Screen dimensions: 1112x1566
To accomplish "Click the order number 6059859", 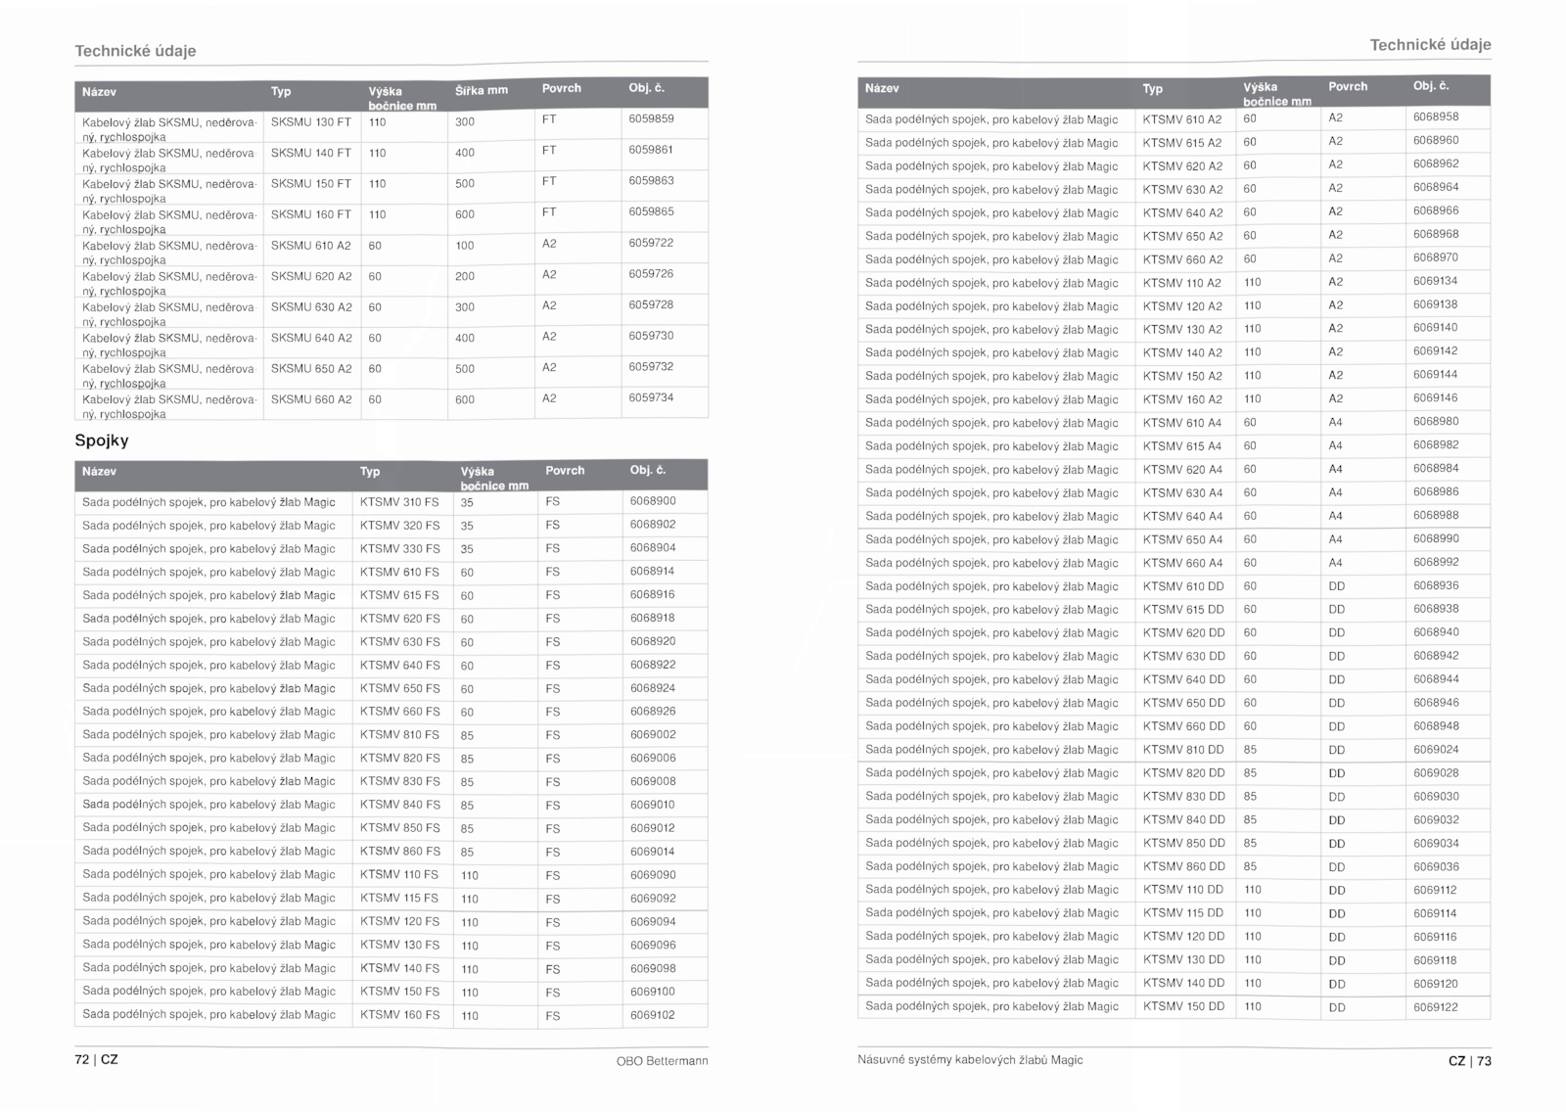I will (651, 118).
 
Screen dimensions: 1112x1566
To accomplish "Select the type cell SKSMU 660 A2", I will (310, 399).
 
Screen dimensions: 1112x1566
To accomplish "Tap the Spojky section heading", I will (102, 440).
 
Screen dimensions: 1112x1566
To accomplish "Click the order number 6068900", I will (653, 501).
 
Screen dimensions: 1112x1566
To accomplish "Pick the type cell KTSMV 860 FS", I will (399, 852).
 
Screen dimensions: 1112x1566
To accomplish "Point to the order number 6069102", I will (653, 1015).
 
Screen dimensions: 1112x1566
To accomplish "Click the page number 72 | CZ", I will (96, 1059).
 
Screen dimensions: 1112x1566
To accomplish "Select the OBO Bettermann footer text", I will (662, 1061).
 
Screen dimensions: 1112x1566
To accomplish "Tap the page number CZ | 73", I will (1469, 1061).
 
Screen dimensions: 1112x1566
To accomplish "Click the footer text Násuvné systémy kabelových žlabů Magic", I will (970, 1060).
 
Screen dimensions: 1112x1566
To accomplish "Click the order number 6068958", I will (1436, 116).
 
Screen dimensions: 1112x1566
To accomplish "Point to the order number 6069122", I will (1436, 1007).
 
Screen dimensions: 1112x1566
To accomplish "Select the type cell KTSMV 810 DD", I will (1183, 750).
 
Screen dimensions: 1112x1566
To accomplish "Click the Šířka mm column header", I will (482, 91).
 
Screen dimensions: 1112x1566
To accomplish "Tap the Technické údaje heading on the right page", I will (1430, 45).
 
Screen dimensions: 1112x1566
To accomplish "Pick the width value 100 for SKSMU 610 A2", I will (465, 246).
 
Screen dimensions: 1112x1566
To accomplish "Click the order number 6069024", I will (1436, 750).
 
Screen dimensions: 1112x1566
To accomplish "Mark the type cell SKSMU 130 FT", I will (310, 122).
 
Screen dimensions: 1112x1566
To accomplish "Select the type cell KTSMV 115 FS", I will (399, 899).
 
